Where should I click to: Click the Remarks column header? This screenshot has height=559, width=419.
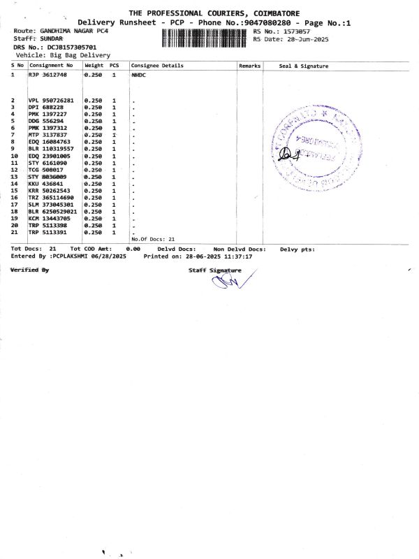point(249,66)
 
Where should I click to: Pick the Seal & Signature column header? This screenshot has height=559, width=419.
point(303,66)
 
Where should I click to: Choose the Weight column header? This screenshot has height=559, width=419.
point(94,66)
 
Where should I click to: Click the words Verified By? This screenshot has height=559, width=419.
point(30,269)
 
